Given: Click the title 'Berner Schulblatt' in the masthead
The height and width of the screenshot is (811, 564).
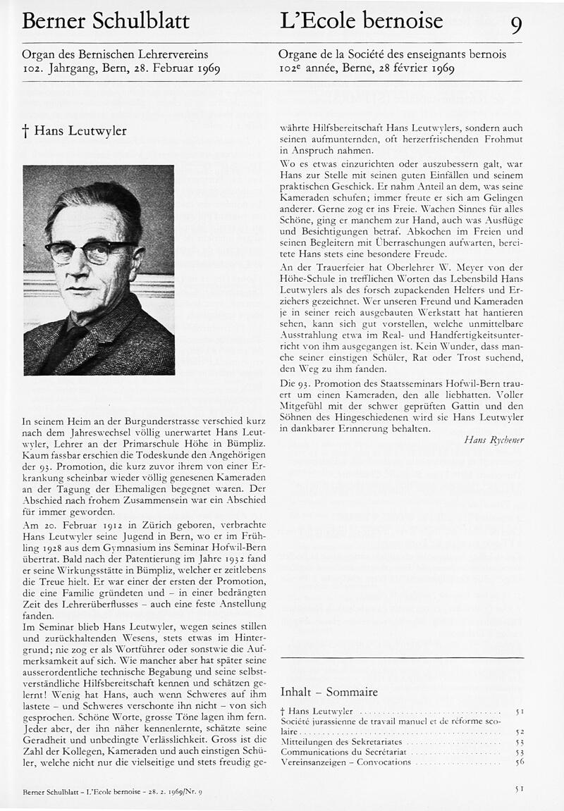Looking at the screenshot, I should coord(106,22).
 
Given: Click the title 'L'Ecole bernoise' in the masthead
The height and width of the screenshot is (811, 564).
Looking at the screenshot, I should coord(361,21).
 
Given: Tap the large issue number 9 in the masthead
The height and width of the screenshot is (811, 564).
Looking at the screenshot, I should coord(516,25).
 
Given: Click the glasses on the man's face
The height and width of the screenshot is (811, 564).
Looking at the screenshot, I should coord(90,249).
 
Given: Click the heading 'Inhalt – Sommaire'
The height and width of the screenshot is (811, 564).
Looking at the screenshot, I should coord(329,691).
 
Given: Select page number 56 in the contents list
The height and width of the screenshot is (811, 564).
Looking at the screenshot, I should coord(519,762).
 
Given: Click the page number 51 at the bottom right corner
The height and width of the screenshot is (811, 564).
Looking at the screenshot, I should coord(519,789).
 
